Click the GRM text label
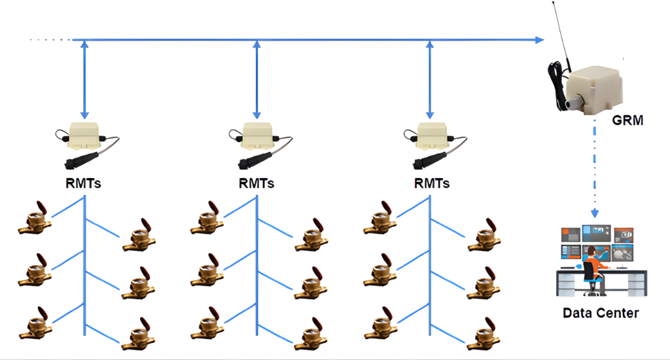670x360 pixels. point(627,120)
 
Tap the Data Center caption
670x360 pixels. point(601,314)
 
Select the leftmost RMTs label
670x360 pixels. point(83,183)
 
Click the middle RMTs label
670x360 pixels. point(256,183)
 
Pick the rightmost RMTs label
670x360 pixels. point(432,183)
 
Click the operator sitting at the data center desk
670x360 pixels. point(591,262)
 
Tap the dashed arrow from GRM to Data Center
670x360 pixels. point(595,170)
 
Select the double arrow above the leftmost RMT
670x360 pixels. point(84,79)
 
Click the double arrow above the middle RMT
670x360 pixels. point(256,79)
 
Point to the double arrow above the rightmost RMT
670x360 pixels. point(430,79)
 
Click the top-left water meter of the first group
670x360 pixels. point(33,219)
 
